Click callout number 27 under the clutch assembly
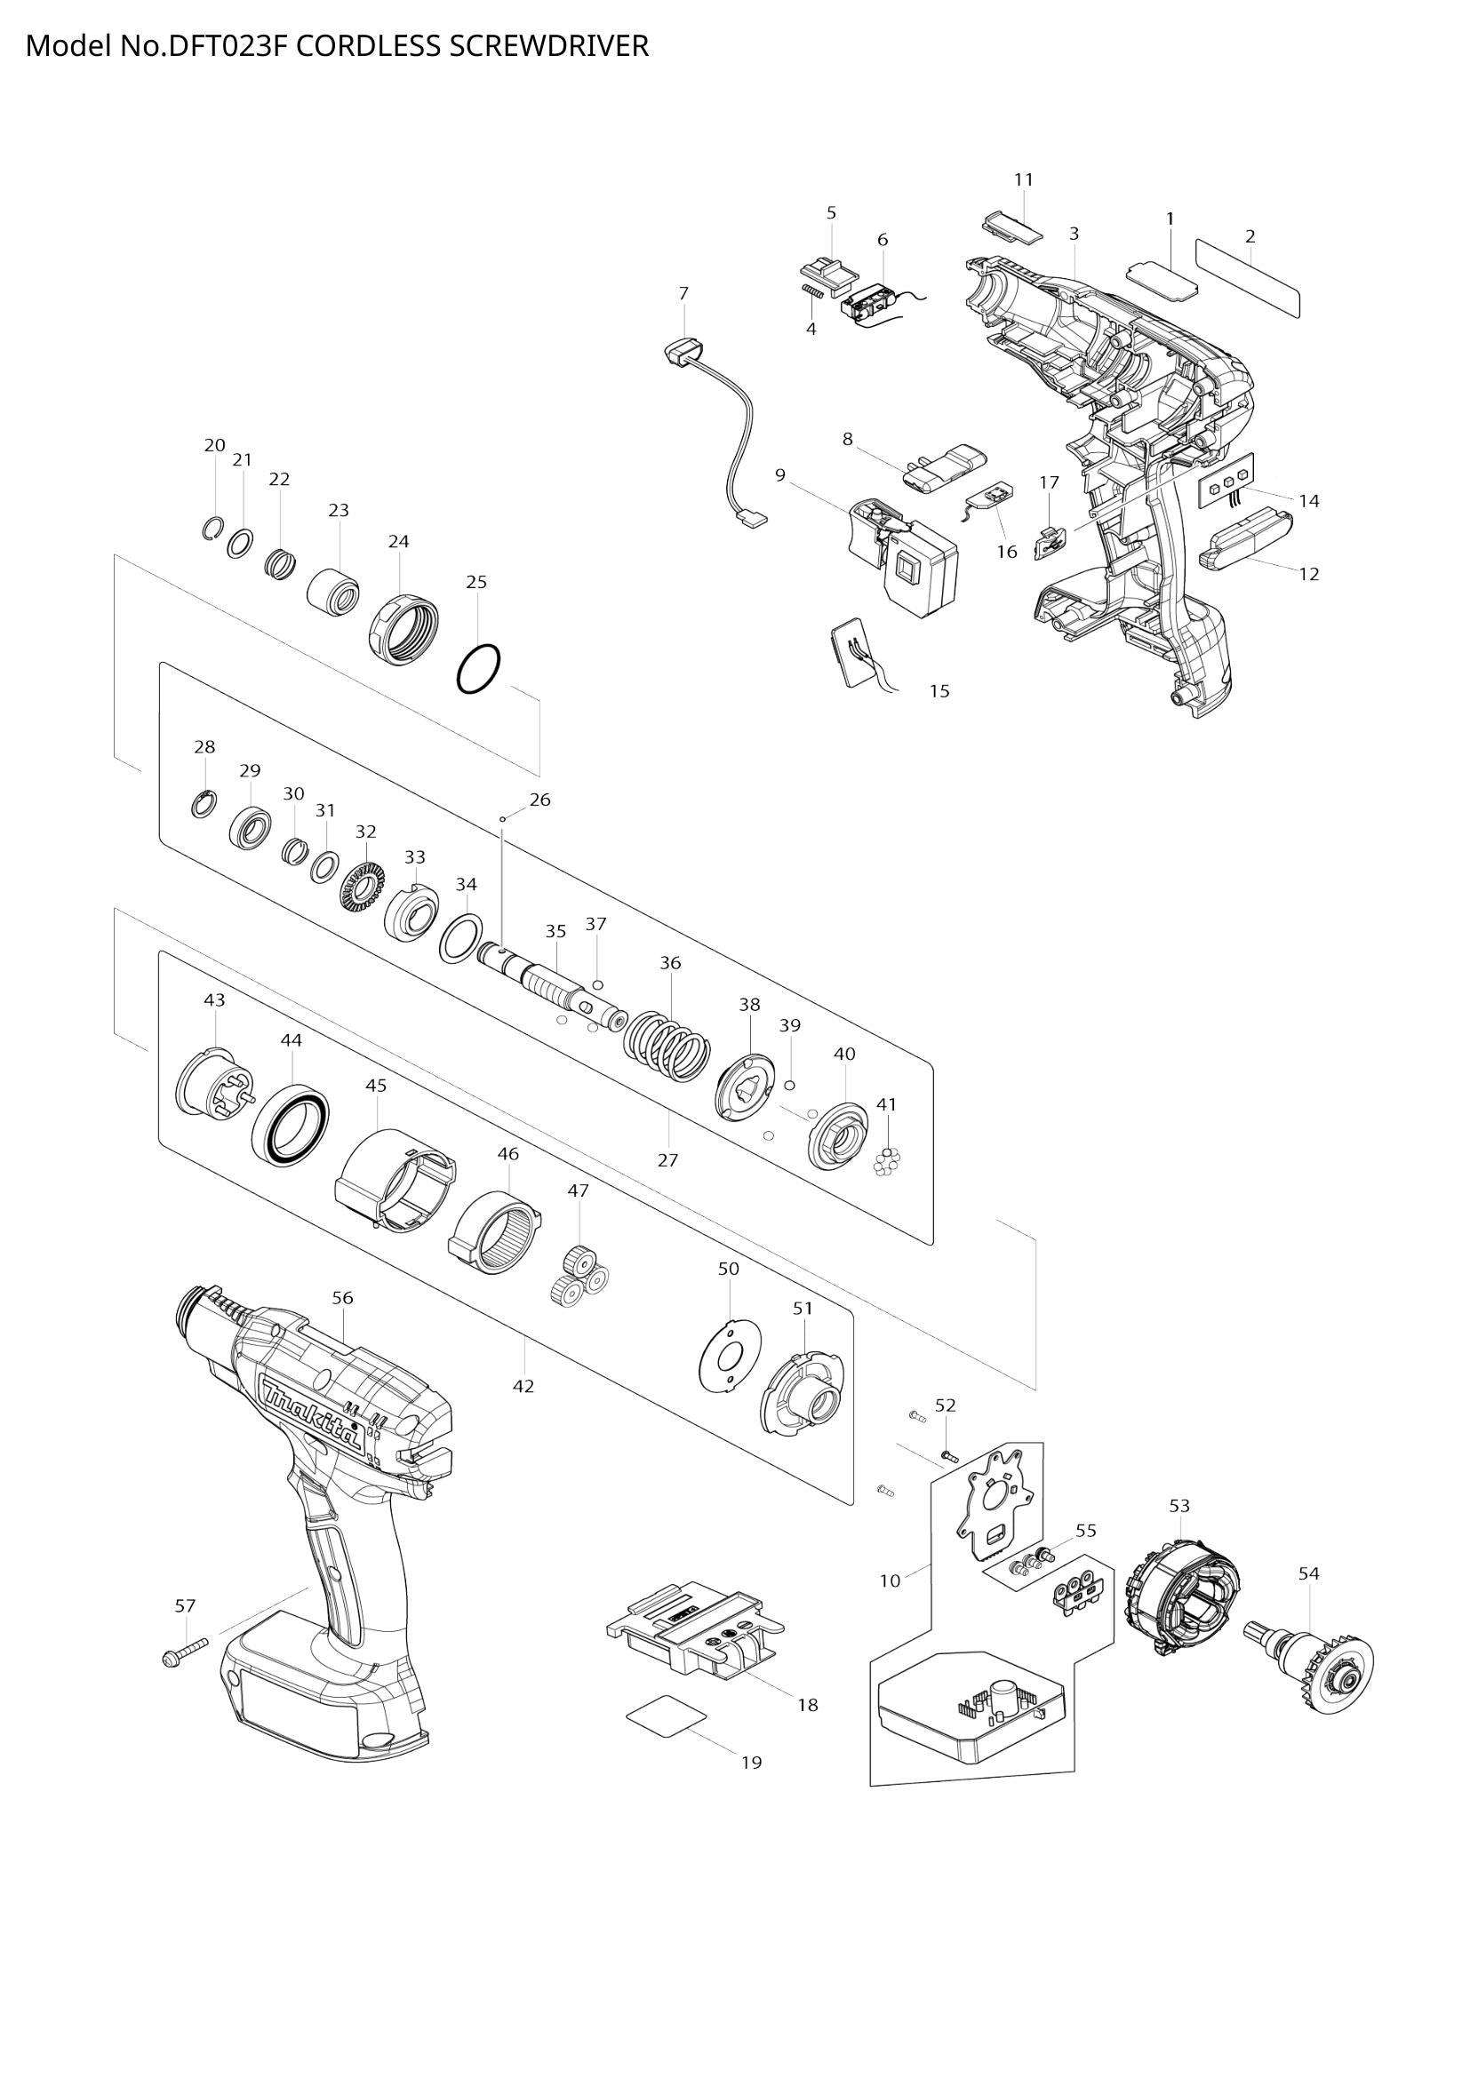coord(667,1160)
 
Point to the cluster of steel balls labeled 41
coord(887,1161)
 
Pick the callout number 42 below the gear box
coord(523,1386)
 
